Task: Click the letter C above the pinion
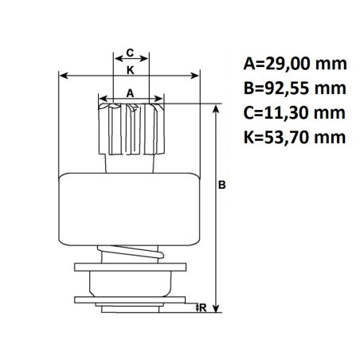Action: pyautogui.click(x=130, y=53)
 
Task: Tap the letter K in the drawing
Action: pyautogui.click(x=130, y=70)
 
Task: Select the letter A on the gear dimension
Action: pyautogui.click(x=130, y=93)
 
